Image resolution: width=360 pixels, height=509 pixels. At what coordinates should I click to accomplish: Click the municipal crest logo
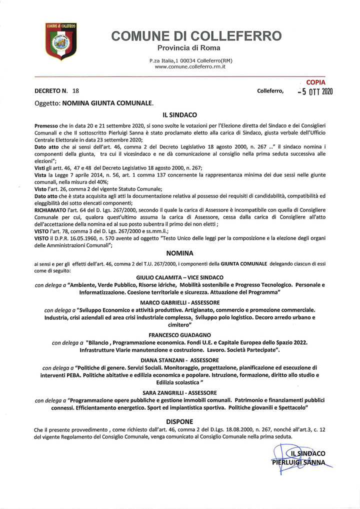(60, 40)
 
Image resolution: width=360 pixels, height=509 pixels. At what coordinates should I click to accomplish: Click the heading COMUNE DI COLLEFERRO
(197, 36)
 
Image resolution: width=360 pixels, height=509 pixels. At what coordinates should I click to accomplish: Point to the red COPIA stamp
(315, 82)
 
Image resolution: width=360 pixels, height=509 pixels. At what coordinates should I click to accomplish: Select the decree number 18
(76, 91)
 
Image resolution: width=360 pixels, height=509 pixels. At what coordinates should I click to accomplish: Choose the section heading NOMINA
(179, 253)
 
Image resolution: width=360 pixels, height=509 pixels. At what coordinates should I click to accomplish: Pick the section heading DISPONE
(179, 421)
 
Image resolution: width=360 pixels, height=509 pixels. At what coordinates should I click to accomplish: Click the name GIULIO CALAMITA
(159, 277)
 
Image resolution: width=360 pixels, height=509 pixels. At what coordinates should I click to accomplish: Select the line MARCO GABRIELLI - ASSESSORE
(180, 303)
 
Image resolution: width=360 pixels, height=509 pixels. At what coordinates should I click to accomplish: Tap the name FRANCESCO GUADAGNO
(179, 334)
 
